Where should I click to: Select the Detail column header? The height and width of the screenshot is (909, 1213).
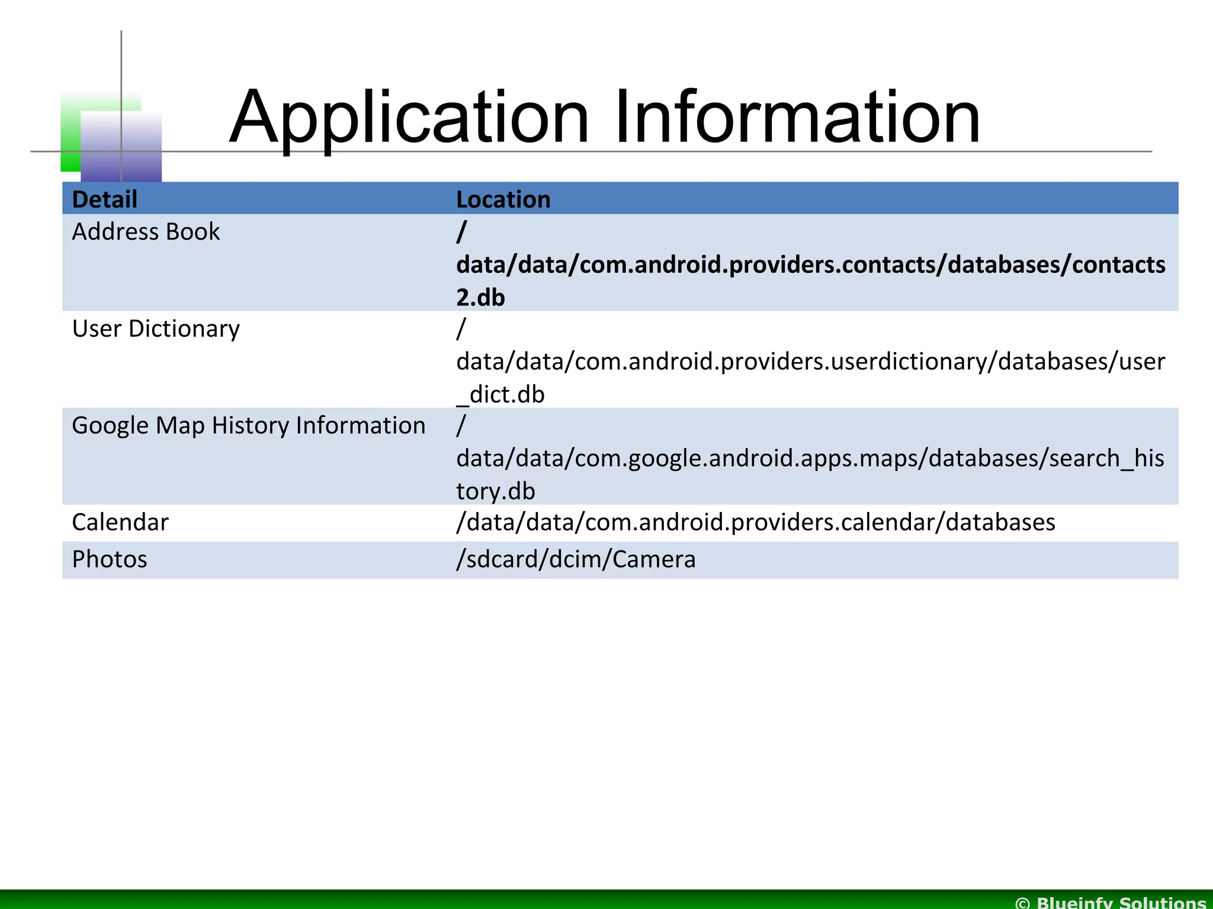[104, 199]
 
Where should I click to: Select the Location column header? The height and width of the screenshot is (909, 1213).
[503, 199]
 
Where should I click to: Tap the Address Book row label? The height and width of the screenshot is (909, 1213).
[146, 231]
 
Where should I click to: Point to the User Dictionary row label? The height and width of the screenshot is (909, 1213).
[156, 328]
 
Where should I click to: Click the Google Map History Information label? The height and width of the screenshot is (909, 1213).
[248, 426]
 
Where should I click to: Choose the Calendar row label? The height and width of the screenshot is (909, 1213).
[120, 522]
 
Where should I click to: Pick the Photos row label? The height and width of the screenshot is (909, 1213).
[110, 559]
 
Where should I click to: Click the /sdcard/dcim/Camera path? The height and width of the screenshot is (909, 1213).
[576, 559]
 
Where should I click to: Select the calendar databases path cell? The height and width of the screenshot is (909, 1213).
[755, 522]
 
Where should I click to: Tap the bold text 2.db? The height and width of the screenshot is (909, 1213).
[480, 297]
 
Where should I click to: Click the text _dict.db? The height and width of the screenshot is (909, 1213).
[500, 395]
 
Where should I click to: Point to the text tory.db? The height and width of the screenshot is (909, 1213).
[495, 491]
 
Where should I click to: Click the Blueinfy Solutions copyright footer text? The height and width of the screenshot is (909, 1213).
[1111, 901]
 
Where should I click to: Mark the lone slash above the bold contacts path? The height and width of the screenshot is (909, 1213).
[461, 231]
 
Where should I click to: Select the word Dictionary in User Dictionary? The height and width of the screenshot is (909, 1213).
[184, 328]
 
